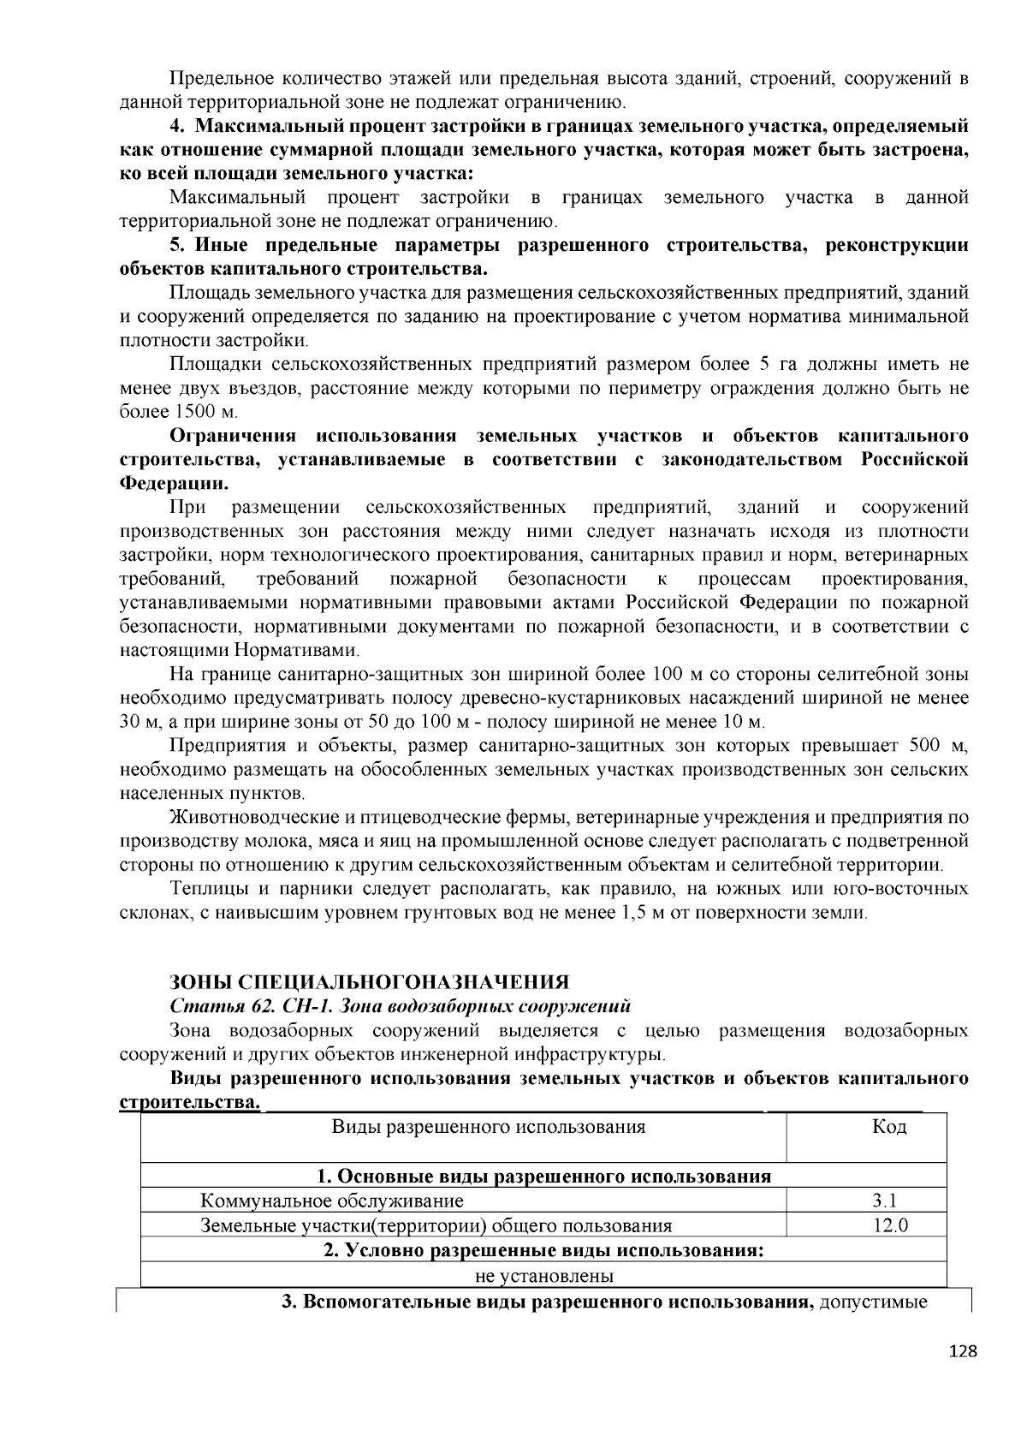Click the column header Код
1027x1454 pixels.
coord(889,1127)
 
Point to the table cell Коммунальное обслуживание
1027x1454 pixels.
coord(332,1201)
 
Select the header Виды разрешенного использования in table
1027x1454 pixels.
coord(488,1127)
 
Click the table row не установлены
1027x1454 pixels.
coord(544,1276)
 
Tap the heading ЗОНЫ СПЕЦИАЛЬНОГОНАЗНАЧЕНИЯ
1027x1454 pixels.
coord(369,981)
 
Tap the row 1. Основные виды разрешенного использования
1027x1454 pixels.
coord(544,1176)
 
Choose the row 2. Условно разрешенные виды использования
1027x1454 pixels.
coord(544,1250)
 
